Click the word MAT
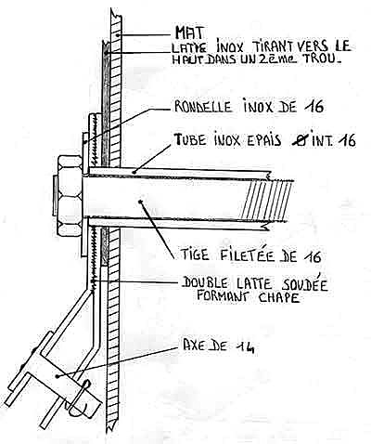[190, 33]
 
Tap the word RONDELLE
[203, 107]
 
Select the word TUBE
[190, 140]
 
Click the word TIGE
[195, 255]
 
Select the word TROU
[323, 59]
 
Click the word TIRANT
[275, 46]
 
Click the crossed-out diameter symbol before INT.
[300, 140]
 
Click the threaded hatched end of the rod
[267, 200]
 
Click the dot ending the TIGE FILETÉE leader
[141, 202]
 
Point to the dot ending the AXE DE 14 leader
[58, 376]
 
